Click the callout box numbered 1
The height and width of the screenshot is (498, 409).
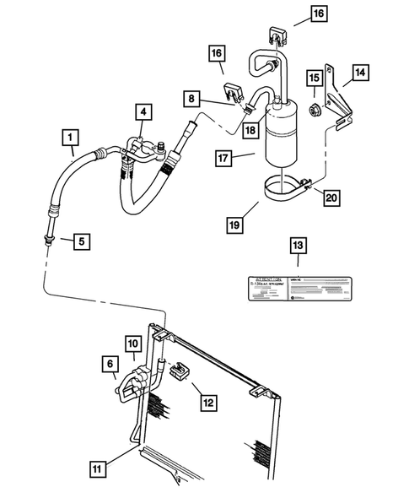click(72, 134)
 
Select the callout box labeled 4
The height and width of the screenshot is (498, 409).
click(144, 111)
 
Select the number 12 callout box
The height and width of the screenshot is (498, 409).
click(207, 403)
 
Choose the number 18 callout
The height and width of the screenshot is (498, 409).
click(250, 129)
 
